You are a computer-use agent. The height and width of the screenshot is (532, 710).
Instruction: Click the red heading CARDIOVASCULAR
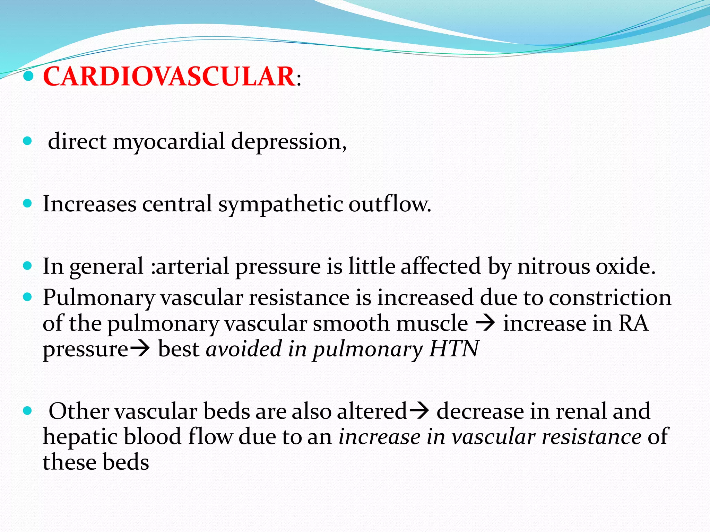pyautogui.click(x=169, y=77)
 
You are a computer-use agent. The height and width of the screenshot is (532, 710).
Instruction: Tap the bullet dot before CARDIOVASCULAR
pyautogui.click(x=29, y=76)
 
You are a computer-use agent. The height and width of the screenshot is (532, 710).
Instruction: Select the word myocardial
pyautogui.click(x=169, y=142)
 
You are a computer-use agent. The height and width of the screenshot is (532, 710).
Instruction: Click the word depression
pyautogui.click(x=288, y=142)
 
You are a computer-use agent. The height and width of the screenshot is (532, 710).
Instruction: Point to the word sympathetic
pyautogui.click(x=280, y=204)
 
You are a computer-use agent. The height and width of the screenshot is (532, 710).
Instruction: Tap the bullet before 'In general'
pyautogui.click(x=27, y=266)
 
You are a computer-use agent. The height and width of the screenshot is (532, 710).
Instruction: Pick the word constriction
pyautogui.click(x=610, y=298)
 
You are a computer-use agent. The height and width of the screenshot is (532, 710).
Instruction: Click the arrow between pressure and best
pyautogui.click(x=140, y=349)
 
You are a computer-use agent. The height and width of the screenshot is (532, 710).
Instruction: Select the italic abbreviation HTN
pyautogui.click(x=454, y=349)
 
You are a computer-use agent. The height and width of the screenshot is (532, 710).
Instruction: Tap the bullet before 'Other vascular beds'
pyautogui.click(x=27, y=411)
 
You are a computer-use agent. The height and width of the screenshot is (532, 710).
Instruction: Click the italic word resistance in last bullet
pyautogui.click(x=591, y=437)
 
